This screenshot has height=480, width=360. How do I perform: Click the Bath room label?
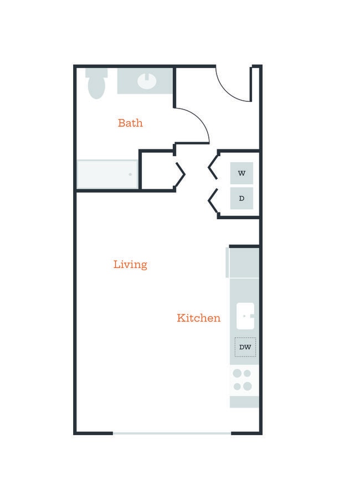pos(130,123)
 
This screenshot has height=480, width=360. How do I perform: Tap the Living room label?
pos(130,265)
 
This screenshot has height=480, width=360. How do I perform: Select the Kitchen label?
pos(199,318)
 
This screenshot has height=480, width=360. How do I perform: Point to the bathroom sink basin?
pos(147,81)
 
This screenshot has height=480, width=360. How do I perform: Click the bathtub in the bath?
pos(107,174)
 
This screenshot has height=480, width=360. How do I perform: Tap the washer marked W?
pos(241,173)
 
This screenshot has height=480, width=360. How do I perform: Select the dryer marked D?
pos(241,198)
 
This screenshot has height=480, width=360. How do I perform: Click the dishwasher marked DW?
pos(245,347)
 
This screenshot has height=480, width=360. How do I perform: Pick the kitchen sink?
pos(245,316)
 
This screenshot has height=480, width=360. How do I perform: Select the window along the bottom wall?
pos(172,433)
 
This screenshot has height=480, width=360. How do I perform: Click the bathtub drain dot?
pos(130,174)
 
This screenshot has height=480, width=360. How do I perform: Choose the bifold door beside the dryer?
pos(213,200)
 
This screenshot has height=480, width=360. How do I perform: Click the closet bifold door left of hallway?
pos(180,174)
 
